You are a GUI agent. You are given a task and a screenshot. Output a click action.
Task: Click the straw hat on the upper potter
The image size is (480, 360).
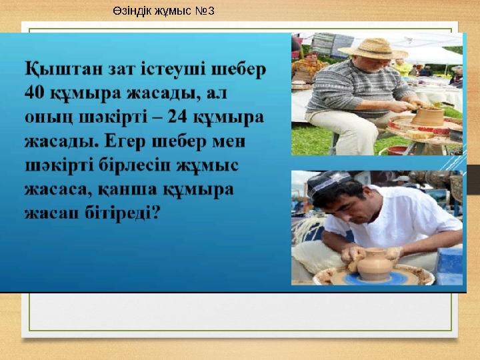tap(373, 48)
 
